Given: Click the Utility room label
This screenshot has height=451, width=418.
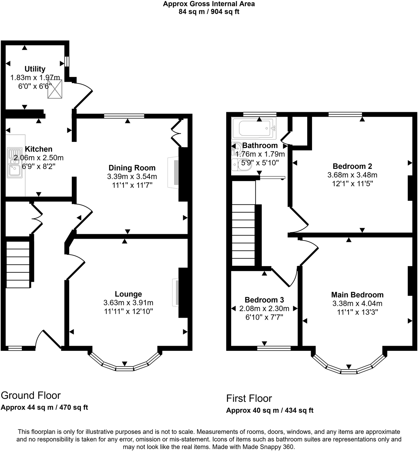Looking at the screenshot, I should [35, 69].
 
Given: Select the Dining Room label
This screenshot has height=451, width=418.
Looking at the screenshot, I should [132, 168].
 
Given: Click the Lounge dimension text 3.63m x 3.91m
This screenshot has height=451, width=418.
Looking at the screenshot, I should [128, 303].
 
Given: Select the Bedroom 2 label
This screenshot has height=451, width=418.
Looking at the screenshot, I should [352, 166].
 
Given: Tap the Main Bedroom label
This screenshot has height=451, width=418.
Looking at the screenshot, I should [357, 295].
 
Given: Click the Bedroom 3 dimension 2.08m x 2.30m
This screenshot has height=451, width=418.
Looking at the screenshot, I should [264, 308].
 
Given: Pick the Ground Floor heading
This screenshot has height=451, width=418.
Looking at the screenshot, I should [31, 395].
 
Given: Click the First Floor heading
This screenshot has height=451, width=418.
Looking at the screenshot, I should [249, 398].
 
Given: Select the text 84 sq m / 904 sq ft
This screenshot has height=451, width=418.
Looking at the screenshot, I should [209, 12].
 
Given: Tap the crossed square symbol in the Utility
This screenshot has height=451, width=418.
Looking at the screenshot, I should [54, 89].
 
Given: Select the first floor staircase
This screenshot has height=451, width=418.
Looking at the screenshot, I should [243, 235].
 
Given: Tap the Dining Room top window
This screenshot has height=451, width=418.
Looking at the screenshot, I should [124, 116].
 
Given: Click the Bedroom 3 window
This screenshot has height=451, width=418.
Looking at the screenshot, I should [274, 348].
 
